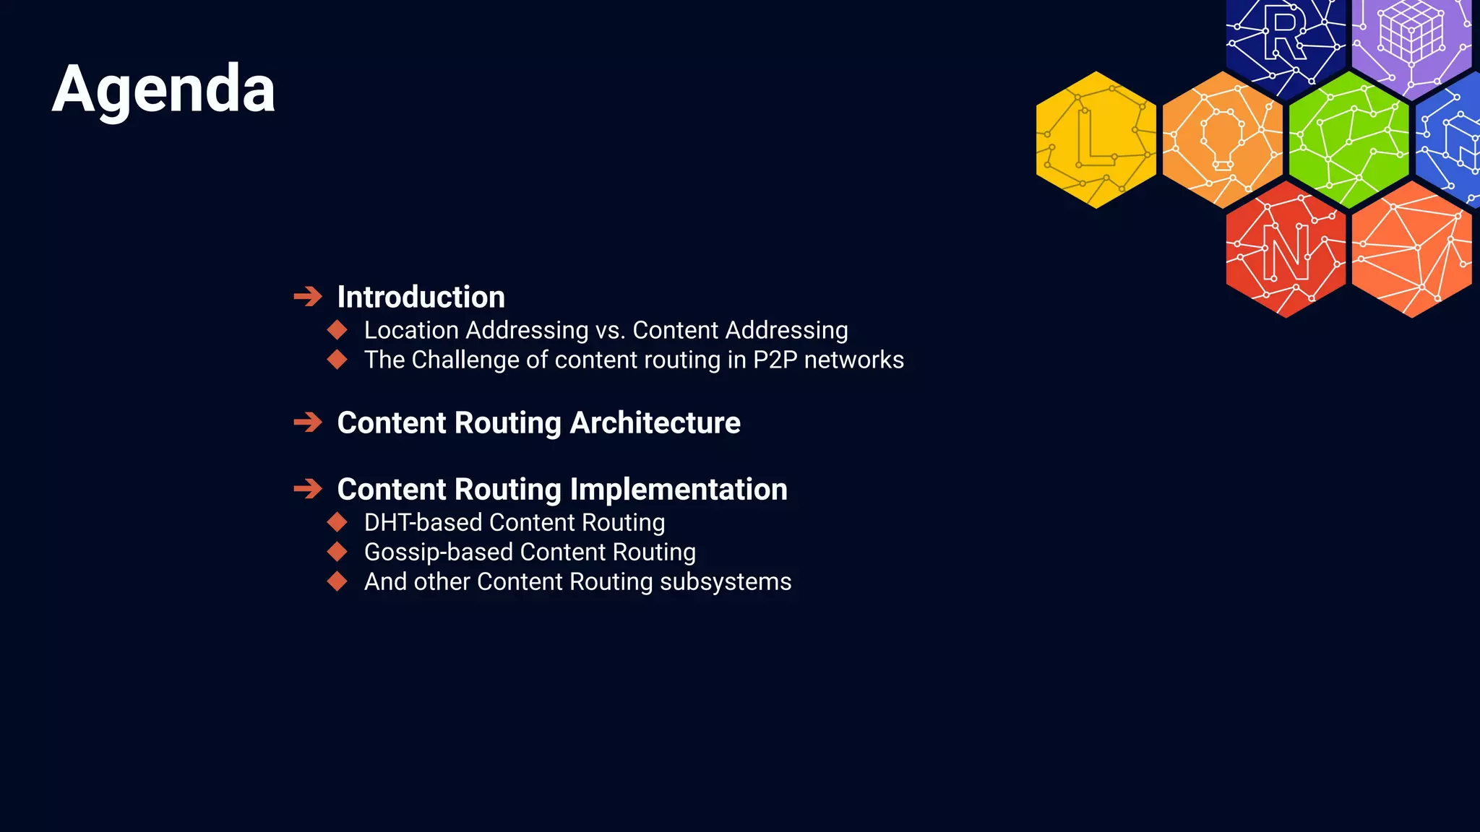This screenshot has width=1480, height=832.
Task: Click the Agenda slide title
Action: click(163, 89)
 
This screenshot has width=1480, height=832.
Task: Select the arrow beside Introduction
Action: click(308, 296)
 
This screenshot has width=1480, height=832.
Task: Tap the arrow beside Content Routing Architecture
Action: click(308, 422)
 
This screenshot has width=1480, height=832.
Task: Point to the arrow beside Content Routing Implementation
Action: click(308, 488)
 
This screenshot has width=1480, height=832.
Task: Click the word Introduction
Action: click(421, 297)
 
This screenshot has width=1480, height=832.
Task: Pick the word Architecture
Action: click(655, 422)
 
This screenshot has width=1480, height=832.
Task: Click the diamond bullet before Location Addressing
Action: click(337, 330)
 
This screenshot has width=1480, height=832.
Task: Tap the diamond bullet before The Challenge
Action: click(337, 360)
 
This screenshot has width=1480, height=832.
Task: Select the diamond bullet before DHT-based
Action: click(337, 522)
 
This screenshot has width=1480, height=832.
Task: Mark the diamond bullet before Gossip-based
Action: click(337, 552)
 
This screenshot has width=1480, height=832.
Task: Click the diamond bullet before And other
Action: click(337, 581)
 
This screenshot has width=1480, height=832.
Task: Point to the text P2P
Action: click(775, 360)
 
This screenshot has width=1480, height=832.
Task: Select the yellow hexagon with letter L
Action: click(1096, 139)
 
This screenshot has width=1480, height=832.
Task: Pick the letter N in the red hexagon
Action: click(1286, 252)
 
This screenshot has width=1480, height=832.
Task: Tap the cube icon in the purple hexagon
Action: click(1411, 32)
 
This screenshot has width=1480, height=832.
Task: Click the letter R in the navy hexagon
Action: click(1285, 35)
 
